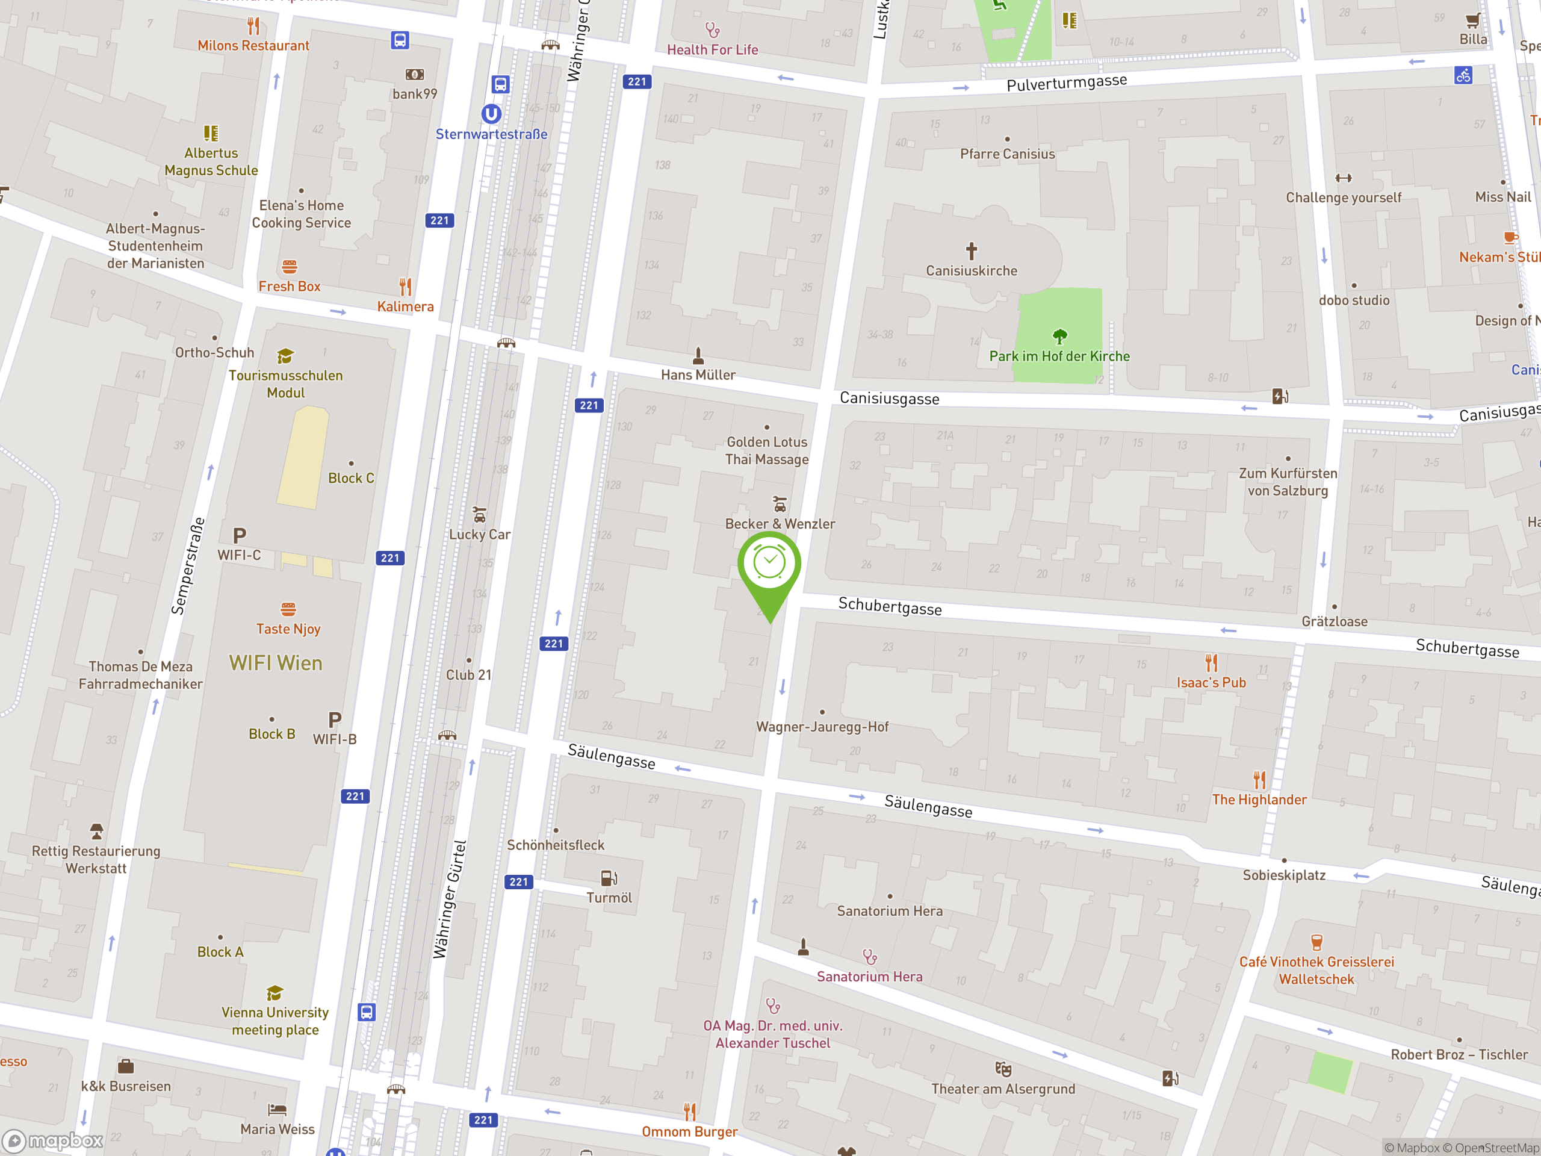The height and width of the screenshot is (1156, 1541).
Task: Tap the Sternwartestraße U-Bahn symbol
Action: pyautogui.click(x=491, y=114)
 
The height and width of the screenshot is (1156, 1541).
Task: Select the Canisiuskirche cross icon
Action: pyautogui.click(x=971, y=250)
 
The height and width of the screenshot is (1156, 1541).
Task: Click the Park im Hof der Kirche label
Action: pyautogui.click(x=1059, y=356)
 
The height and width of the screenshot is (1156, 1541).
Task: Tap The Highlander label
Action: pyautogui.click(x=1259, y=799)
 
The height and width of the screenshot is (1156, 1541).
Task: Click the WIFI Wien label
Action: pyautogui.click(x=276, y=663)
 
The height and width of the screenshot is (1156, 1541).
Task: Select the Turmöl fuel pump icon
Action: pyautogui.click(x=608, y=878)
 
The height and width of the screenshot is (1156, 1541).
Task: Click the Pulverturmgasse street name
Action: pyautogui.click(x=1066, y=83)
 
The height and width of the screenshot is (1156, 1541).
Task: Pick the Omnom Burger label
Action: pyautogui.click(x=689, y=1131)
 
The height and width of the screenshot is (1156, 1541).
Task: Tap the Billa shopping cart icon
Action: pyautogui.click(x=1472, y=21)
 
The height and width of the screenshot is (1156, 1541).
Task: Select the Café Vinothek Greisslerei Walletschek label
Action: pyautogui.click(x=1316, y=970)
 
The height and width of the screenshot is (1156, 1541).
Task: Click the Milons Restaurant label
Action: pyautogui.click(x=253, y=45)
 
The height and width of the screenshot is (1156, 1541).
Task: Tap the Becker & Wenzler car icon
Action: pyautogui.click(x=780, y=504)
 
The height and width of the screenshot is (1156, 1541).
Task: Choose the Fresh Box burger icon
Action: pyautogui.click(x=289, y=267)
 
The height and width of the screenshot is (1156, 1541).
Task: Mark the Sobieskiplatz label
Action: pyautogui.click(x=1283, y=875)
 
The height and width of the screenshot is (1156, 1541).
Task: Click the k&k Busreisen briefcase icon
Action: pyautogui.click(x=125, y=1066)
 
